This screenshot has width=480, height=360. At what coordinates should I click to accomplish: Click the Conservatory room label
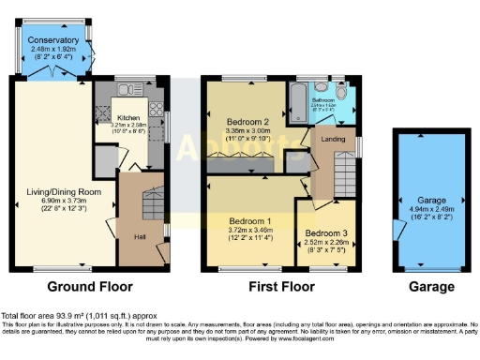[x=53, y=40]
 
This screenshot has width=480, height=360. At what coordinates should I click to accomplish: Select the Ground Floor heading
[x=90, y=286]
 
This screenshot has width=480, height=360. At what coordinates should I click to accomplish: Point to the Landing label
[x=333, y=139]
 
